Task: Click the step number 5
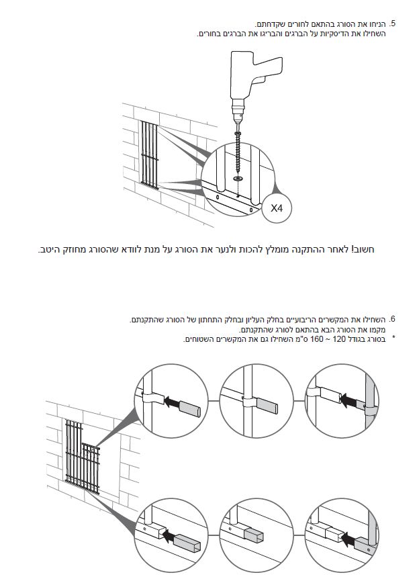click(391, 24)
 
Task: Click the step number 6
click(391, 319)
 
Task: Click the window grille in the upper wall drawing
click(150, 155)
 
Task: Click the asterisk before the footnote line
click(393, 339)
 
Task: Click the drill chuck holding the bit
click(238, 107)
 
